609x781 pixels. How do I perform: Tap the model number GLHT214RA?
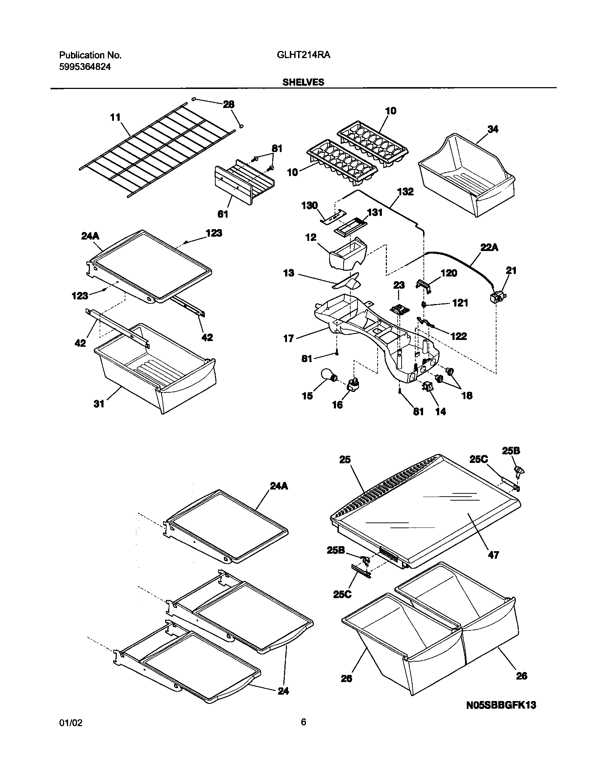(303, 55)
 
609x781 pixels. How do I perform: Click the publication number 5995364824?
(85, 67)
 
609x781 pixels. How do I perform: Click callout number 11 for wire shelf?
(115, 117)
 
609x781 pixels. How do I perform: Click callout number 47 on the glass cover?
(493, 555)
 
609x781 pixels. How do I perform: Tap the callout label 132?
(406, 192)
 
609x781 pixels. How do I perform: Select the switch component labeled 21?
(498, 297)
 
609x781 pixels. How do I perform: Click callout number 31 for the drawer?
(99, 404)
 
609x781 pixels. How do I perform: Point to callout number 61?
(223, 214)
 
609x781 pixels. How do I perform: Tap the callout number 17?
(289, 338)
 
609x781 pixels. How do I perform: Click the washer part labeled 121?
(423, 304)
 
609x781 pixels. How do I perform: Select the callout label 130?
(310, 205)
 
